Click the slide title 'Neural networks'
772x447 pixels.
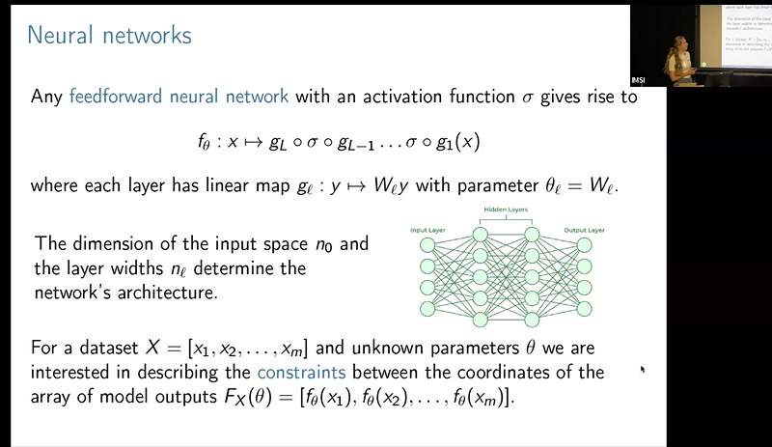click(x=109, y=36)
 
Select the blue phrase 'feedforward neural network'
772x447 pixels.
click(x=179, y=98)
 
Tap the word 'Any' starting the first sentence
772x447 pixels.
click(x=47, y=98)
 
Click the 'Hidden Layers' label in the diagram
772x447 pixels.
click(x=503, y=210)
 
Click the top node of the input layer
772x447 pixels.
click(x=428, y=246)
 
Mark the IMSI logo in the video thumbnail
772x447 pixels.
click(x=638, y=79)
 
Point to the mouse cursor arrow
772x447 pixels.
click(x=641, y=368)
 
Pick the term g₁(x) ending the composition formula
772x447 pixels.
click(x=456, y=141)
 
